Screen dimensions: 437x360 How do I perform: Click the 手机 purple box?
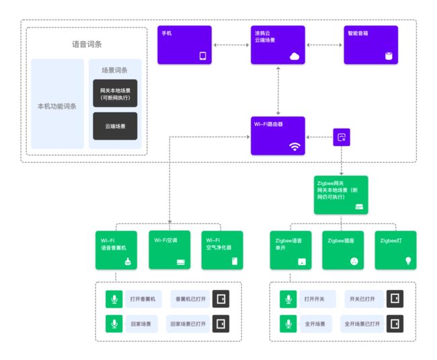[184, 45]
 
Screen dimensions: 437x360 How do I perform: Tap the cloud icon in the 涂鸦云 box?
[294, 57]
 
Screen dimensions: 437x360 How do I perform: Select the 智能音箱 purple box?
[371, 45]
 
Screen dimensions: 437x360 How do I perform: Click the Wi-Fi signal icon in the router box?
[294, 147]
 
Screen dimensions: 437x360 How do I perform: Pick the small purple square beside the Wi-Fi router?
[342, 137]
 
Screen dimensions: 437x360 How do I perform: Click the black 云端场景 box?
[115, 126]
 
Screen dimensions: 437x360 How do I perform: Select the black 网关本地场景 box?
[115, 94]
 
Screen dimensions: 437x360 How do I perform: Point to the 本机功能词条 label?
[57, 106]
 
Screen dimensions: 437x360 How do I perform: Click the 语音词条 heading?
[87, 44]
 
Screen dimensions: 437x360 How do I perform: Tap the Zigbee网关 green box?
[341, 195]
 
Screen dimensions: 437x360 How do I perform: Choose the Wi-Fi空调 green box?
[169, 250]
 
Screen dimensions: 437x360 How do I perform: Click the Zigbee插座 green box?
[343, 250]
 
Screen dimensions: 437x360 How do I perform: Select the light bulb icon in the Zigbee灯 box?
[408, 261]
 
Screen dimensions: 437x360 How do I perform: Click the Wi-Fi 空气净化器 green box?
[222, 250]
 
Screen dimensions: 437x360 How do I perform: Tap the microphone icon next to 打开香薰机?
[114, 299]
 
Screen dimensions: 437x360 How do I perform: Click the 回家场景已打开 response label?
[188, 324]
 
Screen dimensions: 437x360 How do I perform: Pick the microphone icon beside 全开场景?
[288, 324]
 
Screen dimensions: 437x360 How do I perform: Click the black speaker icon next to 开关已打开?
[395, 299]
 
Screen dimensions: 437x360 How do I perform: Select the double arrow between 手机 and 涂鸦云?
[231, 45]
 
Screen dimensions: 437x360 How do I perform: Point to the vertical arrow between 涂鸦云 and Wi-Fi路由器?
[278, 91]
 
